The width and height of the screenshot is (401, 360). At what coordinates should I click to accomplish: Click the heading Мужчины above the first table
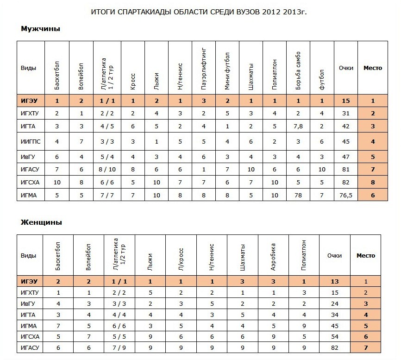click(41, 29)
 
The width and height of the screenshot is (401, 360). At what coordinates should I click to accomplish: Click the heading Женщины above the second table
click(42, 222)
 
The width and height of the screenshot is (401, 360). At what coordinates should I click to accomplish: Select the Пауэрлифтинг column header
click(204, 68)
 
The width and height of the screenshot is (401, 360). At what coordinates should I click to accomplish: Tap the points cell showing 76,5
click(346, 196)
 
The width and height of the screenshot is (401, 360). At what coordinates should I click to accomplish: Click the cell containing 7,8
click(298, 126)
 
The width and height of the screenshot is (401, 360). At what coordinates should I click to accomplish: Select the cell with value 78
click(298, 196)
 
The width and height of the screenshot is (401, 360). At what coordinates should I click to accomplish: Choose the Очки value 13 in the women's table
click(335, 281)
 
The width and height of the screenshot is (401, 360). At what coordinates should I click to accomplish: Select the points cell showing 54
click(335, 337)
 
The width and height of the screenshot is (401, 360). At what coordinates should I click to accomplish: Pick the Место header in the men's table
click(373, 68)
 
